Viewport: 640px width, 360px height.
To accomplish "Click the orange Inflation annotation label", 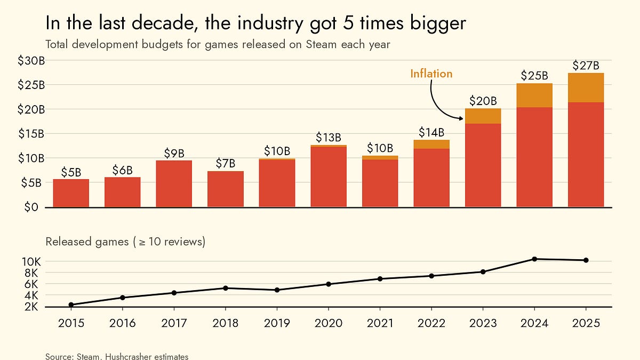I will (431, 74).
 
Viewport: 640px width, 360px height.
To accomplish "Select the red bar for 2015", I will (71, 193).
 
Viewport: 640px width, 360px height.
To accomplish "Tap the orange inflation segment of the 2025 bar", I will (586, 87).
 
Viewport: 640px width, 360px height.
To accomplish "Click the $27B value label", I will (586, 66).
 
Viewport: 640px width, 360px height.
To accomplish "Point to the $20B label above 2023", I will (483, 101).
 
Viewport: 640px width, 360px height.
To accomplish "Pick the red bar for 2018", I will (225, 189).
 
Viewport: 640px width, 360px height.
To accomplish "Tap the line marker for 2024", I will (534, 259).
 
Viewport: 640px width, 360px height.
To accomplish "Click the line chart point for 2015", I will (71, 305).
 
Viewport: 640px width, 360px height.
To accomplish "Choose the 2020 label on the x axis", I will (328, 324).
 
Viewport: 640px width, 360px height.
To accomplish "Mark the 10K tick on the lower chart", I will (31, 261).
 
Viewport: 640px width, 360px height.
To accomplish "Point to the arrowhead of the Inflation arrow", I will (461, 117).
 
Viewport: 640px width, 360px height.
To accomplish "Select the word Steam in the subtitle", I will (321, 44).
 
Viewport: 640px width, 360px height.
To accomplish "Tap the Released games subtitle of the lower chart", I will (125, 242).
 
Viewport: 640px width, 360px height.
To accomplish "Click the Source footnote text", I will (117, 356).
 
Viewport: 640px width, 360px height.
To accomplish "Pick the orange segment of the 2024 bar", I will (534, 95).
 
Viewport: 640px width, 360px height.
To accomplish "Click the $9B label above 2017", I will (174, 154).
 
